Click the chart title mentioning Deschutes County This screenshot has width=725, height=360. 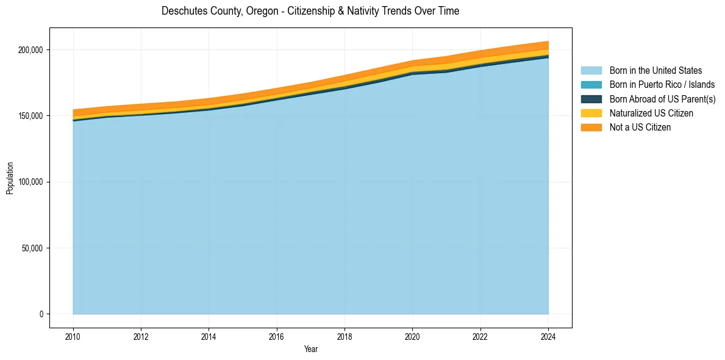[x=310, y=11]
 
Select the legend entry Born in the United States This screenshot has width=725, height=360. [x=655, y=71]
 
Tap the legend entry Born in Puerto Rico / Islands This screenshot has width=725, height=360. [x=662, y=85]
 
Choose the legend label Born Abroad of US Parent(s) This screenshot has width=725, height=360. [x=662, y=99]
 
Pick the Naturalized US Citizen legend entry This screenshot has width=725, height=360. [x=651, y=113]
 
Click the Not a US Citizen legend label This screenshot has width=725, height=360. [x=640, y=127]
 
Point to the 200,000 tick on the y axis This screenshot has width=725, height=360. [x=31, y=49]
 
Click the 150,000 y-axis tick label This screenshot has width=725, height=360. [x=31, y=116]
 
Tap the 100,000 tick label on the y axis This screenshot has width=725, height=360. [x=31, y=182]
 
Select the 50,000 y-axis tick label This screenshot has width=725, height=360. [x=33, y=248]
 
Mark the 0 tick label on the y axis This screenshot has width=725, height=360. [x=41, y=314]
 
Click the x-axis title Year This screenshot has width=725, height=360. [x=310, y=350]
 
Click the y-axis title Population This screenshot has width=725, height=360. [x=10, y=178]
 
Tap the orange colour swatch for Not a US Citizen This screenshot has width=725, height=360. [x=591, y=127]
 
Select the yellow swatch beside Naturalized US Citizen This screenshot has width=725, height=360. [x=591, y=113]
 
